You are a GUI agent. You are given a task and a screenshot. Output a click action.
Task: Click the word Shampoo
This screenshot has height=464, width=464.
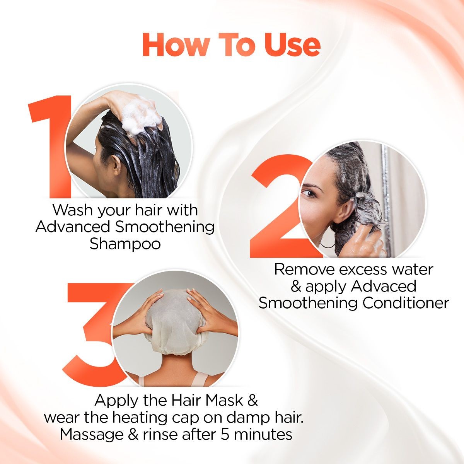[x=125, y=244]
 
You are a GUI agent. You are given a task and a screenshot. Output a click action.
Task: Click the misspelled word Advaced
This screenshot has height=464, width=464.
[x=384, y=287]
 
